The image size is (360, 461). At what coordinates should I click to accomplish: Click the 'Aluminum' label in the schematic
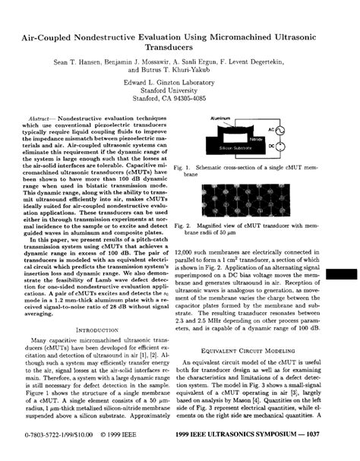coord(223,120)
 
